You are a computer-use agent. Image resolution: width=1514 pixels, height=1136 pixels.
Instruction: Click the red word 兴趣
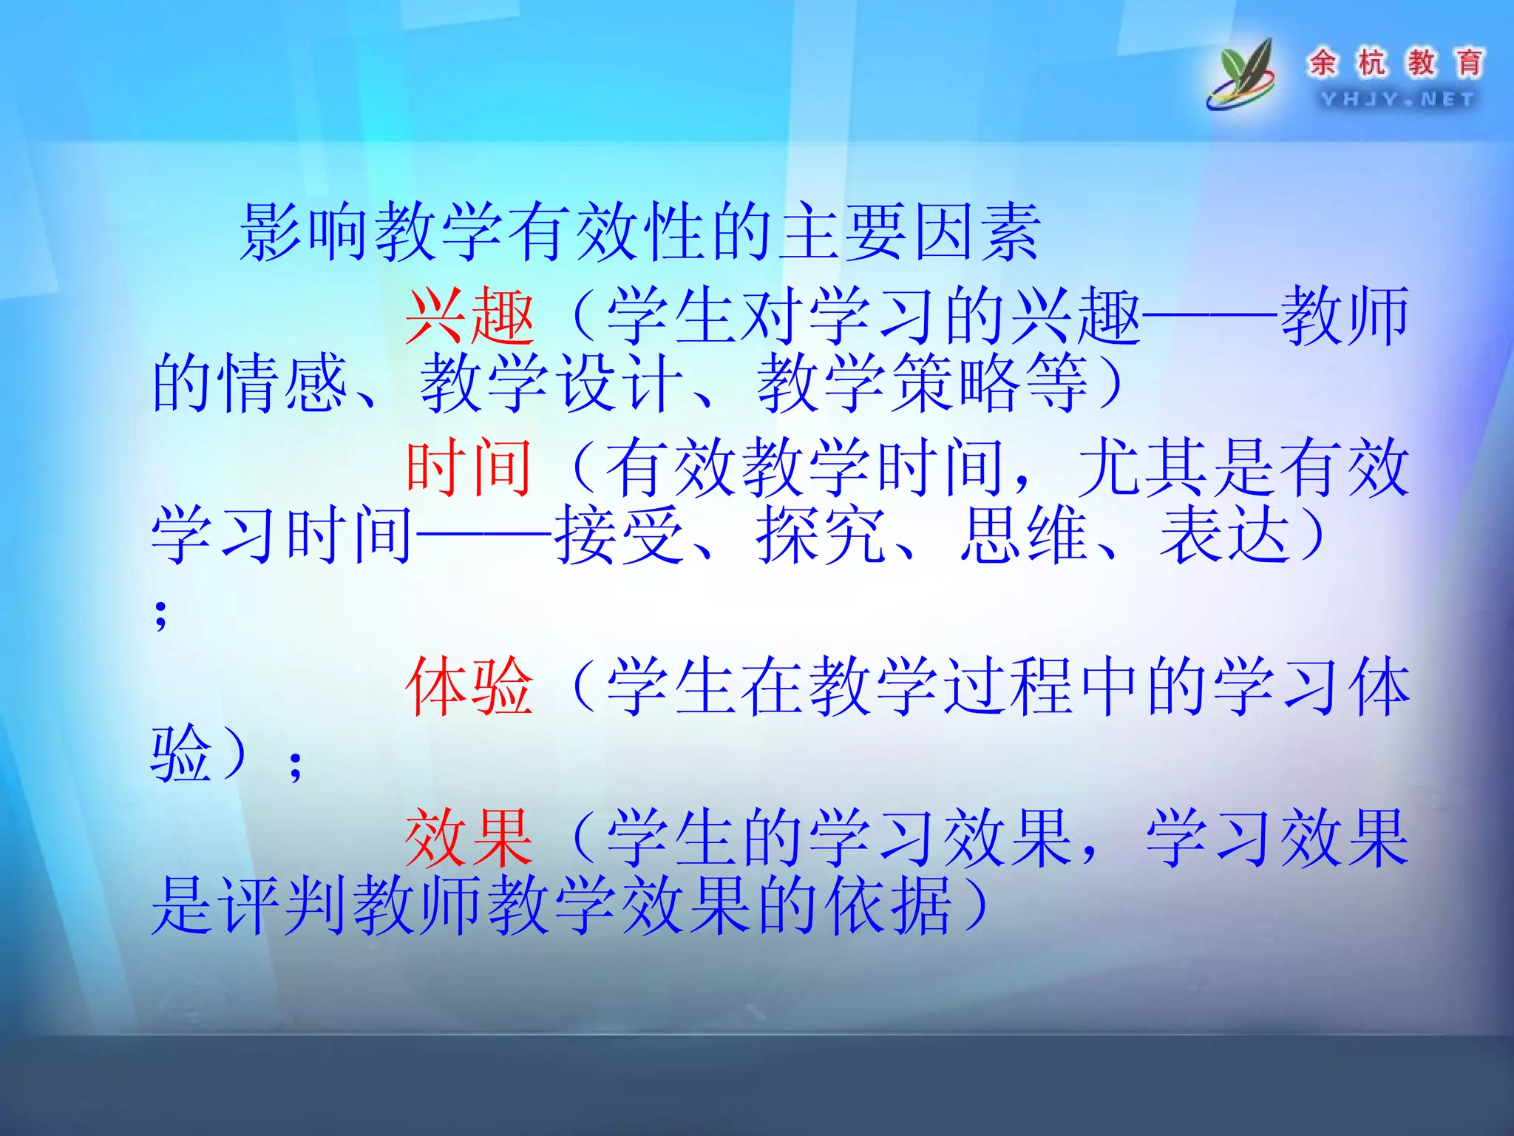tap(470, 317)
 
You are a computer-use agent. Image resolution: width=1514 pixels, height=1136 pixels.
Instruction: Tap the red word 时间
tap(469, 467)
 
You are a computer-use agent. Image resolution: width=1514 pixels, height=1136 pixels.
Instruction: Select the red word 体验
tap(469, 687)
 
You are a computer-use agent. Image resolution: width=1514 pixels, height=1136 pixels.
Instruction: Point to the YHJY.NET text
tap(1397, 99)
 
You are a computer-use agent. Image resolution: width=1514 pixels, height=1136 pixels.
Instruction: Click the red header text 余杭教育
tap(1396, 62)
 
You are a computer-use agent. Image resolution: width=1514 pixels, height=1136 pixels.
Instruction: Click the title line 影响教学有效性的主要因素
tap(640, 232)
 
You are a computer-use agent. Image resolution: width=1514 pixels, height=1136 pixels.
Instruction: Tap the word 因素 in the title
tap(977, 232)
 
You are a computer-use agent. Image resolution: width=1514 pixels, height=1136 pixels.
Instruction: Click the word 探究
tap(821, 535)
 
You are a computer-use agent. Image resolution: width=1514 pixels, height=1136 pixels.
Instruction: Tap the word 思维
tap(1023, 535)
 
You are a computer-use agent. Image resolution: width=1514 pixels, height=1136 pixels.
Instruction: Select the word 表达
tap(1224, 535)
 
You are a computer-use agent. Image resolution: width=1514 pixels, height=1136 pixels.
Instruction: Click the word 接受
tap(619, 535)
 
